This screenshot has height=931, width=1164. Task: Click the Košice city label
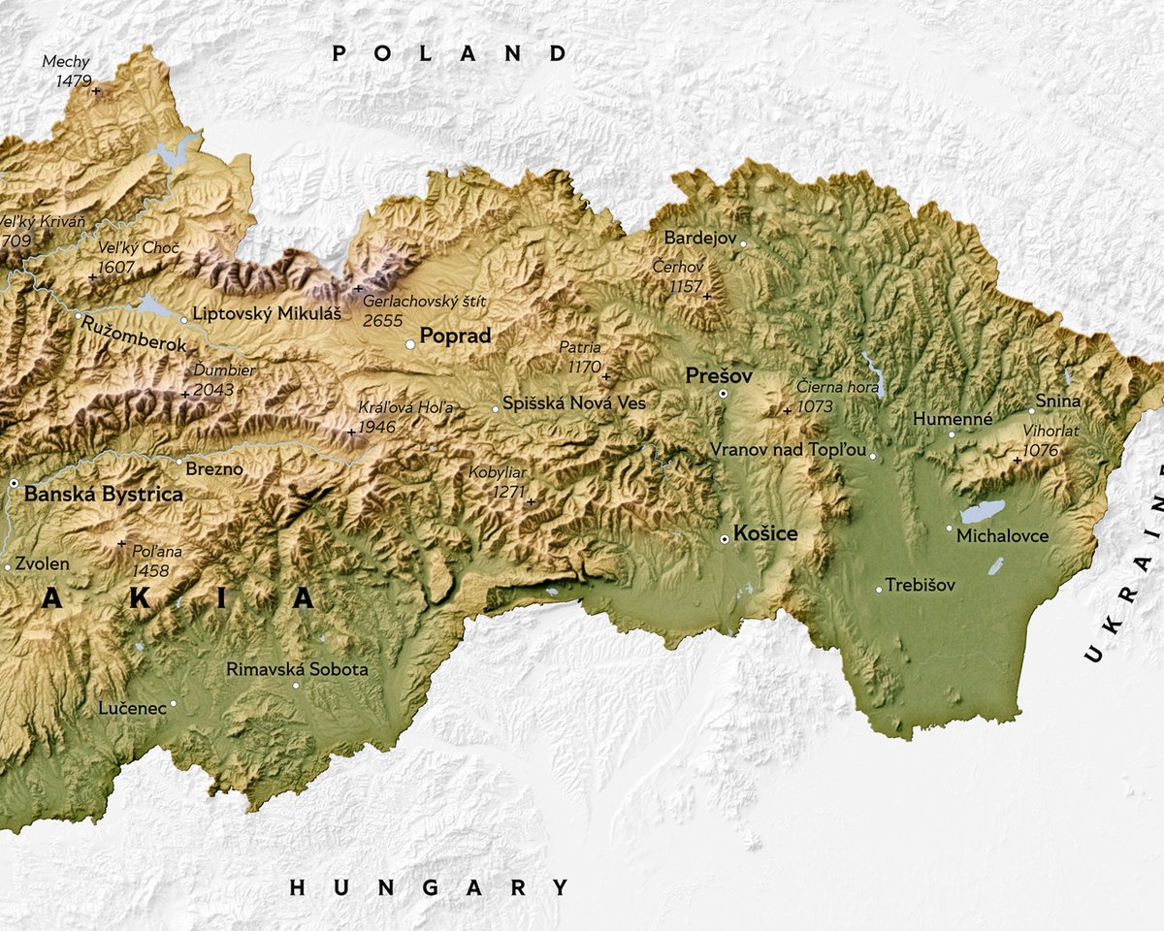(x=766, y=534)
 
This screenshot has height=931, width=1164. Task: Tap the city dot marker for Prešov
(x=723, y=393)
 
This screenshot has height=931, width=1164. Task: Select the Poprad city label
(x=455, y=337)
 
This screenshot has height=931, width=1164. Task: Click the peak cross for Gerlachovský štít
(x=358, y=288)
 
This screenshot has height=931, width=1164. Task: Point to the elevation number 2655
(x=382, y=320)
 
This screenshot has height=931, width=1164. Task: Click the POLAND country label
(x=450, y=54)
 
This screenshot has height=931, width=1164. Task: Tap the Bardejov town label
(x=699, y=238)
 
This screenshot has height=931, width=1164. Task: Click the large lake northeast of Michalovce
(x=982, y=510)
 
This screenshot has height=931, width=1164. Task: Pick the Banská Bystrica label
(x=103, y=495)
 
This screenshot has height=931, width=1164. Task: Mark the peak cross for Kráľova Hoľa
(x=351, y=432)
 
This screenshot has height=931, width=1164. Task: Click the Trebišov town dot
(x=879, y=589)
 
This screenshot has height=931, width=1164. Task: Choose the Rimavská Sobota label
(x=297, y=669)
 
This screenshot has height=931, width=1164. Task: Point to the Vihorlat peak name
(x=1050, y=431)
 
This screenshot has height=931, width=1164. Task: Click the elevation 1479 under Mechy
(x=73, y=80)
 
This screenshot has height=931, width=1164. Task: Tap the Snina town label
(x=1057, y=401)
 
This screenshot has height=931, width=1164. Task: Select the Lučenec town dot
(x=174, y=703)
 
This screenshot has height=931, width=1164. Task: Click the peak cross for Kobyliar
(x=531, y=501)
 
